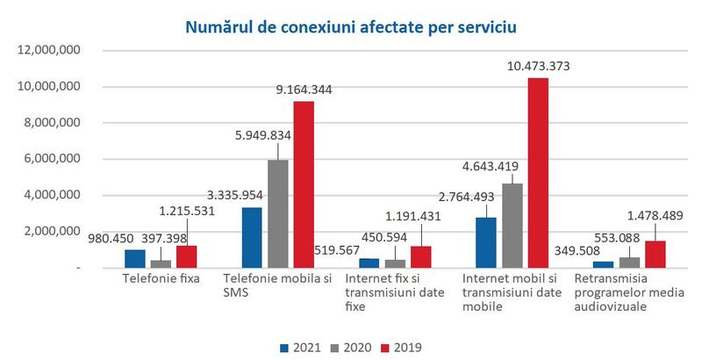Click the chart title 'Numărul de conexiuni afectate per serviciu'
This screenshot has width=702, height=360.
[x=351, y=25]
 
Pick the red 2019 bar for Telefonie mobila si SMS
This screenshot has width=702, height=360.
[x=303, y=184]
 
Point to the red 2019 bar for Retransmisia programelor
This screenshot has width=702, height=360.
[x=655, y=254]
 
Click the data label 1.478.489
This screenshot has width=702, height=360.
[x=655, y=214]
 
